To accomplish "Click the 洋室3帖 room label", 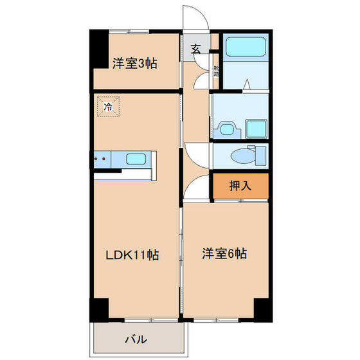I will (x=135, y=64).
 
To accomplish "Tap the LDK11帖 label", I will (x=132, y=255).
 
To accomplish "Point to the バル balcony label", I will (x=136, y=339).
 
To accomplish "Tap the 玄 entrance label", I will (x=196, y=48).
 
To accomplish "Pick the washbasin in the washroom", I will (x=226, y=129).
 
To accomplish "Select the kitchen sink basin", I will (x=137, y=159).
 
